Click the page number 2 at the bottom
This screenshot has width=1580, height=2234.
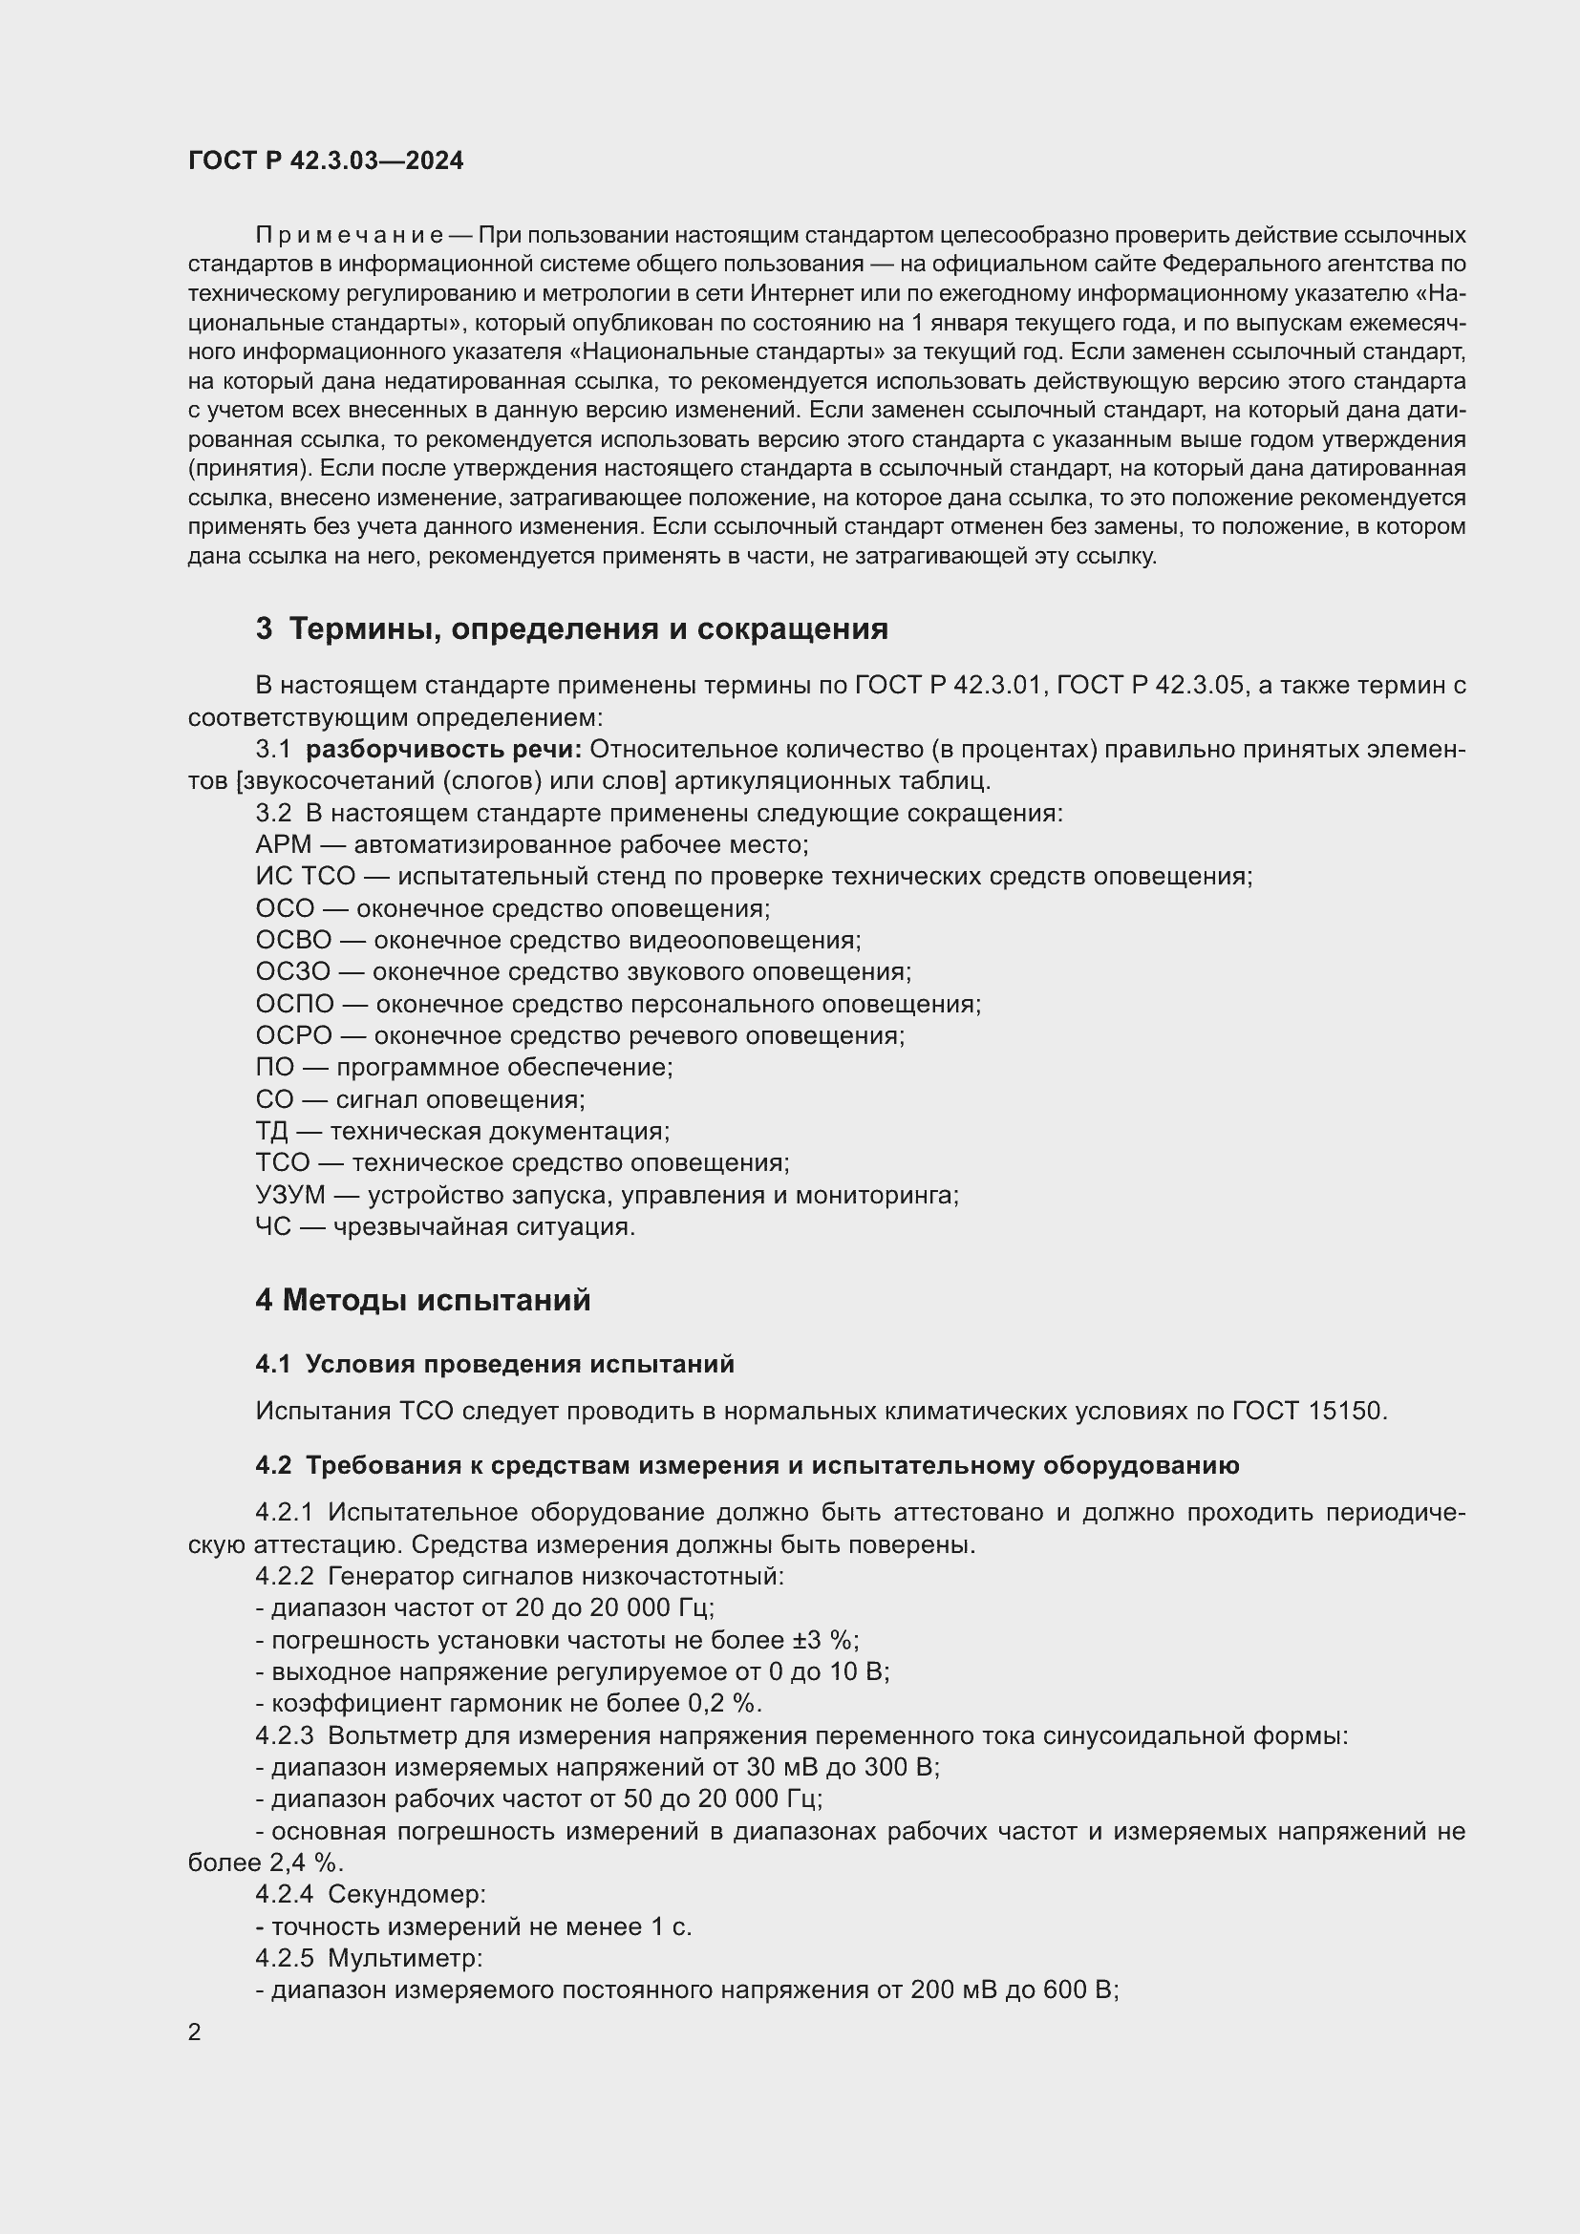pyautogui.click(x=195, y=2032)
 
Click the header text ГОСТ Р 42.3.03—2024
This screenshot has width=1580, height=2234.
pyautogui.click(x=325, y=160)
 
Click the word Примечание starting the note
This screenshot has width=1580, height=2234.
pyautogui.click(x=350, y=236)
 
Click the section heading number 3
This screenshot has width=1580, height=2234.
pyautogui.click(x=264, y=628)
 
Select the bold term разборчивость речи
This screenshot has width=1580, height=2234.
pyautogui.click(x=443, y=749)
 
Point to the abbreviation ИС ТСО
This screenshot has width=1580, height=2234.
pyautogui.click(x=305, y=877)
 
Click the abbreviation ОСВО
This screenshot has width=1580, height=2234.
pyautogui.click(x=293, y=940)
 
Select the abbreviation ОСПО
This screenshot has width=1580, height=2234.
pyautogui.click(x=294, y=1004)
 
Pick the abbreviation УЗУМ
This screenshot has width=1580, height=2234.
pyautogui.click(x=290, y=1195)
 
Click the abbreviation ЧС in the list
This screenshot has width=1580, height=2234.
pyautogui.click(x=272, y=1227)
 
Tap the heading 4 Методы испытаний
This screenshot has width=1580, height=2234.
pyautogui.click(x=422, y=1300)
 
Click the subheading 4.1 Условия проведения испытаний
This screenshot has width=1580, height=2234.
pyautogui.click(x=494, y=1364)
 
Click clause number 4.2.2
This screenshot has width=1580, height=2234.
pyautogui.click(x=284, y=1576)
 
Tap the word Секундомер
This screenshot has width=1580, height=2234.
pyautogui.click(x=406, y=1894)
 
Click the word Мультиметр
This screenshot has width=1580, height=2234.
pyautogui.click(x=405, y=1958)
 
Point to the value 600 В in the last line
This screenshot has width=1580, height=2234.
pyautogui.click(x=1078, y=1989)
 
